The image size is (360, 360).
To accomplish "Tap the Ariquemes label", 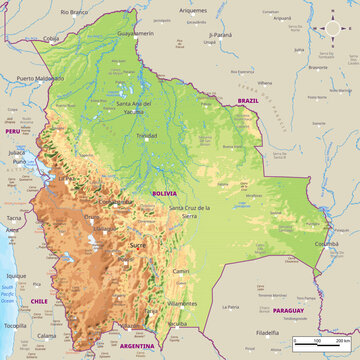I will click(x=193, y=9).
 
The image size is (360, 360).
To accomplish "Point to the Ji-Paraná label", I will click(x=226, y=34).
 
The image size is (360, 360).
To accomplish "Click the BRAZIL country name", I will click(x=247, y=101).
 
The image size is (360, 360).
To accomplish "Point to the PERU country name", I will click(x=13, y=131).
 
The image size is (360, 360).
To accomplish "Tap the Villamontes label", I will click(x=182, y=302).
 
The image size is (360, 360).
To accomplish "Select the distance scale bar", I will click(x=320, y=343).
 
